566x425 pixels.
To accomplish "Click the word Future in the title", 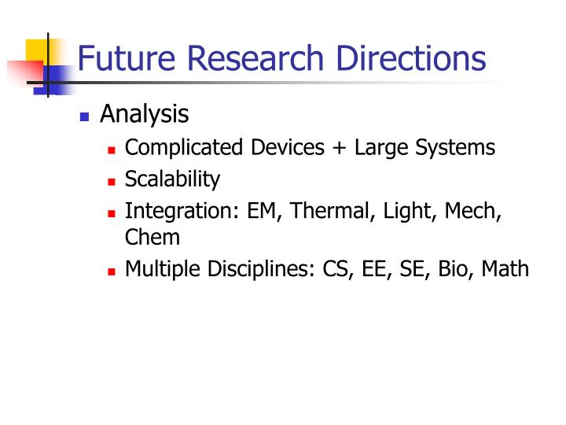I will point(127,59).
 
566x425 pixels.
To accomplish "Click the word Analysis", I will point(145,115).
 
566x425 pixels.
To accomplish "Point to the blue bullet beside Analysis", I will point(85,117).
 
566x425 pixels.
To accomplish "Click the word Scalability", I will point(172,179).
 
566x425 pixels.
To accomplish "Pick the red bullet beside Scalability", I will point(112,181).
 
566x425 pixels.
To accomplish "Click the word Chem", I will point(153,237).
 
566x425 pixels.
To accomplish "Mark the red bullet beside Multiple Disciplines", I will point(112,271).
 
